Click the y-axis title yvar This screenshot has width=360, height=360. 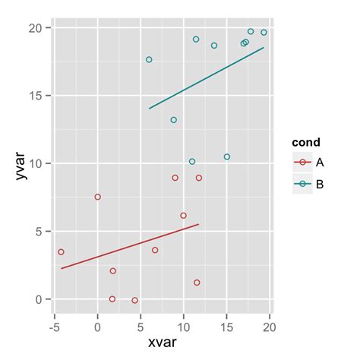[24, 163]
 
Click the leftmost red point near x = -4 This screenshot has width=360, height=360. [61, 252]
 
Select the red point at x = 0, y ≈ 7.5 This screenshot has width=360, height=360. [97, 197]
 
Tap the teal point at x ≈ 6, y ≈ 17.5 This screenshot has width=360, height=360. [149, 59]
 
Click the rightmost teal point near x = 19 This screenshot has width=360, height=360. [264, 33]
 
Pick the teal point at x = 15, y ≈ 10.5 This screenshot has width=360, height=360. [226, 157]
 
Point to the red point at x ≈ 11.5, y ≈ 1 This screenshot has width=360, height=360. [197, 283]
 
